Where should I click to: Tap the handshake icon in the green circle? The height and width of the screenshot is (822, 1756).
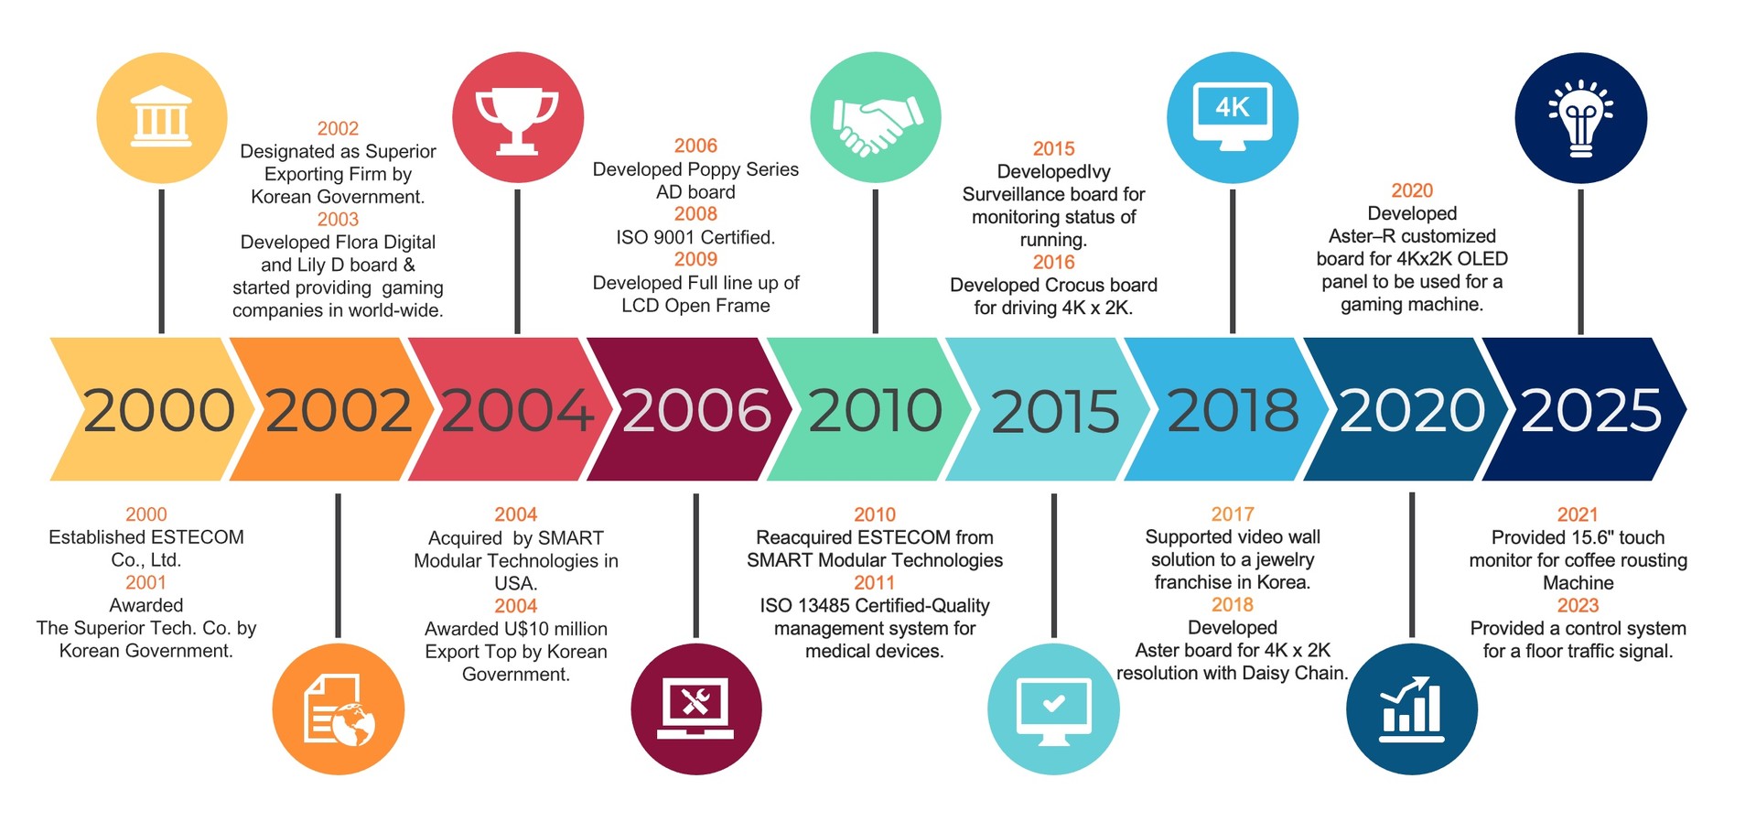[x=877, y=124]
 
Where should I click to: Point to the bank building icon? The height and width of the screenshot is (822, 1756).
[x=162, y=117]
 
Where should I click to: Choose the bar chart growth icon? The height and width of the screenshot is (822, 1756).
[x=1411, y=709]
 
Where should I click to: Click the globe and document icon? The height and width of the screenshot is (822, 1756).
[x=339, y=711]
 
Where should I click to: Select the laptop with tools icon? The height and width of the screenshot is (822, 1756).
[x=695, y=708]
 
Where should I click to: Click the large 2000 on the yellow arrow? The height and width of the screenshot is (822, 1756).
[x=158, y=410]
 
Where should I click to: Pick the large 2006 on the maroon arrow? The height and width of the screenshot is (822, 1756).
[x=696, y=410]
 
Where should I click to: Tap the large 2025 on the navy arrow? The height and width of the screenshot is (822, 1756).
[x=1591, y=410]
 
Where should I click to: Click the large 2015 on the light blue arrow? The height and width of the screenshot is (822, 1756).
[x=1055, y=411]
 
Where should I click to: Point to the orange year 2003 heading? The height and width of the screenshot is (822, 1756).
[x=338, y=220]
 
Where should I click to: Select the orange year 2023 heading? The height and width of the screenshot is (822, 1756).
[x=1578, y=606]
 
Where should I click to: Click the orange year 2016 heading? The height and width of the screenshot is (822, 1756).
[x=1053, y=263]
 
